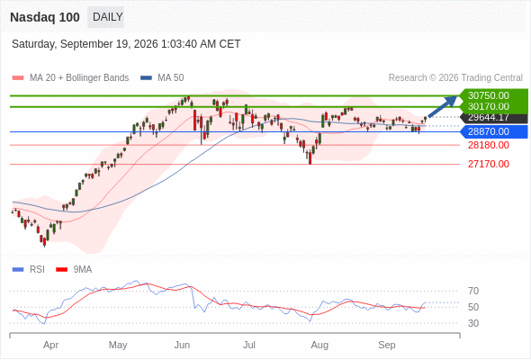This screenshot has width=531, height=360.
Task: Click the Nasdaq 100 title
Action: tap(45, 17)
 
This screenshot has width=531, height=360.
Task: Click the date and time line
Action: tap(126, 44)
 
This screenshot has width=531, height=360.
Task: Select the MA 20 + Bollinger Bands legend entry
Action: tap(70, 78)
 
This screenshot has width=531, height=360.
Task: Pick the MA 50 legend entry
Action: tap(162, 78)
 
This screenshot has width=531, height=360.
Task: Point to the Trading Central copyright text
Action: tap(455, 78)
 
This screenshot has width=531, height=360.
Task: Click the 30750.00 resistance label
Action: tap(489, 95)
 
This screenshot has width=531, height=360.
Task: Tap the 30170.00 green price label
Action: tap(489, 106)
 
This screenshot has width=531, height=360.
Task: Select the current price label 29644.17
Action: tap(489, 118)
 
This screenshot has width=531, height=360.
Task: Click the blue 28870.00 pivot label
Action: tap(489, 131)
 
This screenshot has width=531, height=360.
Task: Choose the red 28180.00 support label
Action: tap(489, 145)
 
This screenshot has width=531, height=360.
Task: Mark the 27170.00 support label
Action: tap(489, 165)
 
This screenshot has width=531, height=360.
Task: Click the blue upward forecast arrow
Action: tap(443, 107)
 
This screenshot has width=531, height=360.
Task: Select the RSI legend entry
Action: tap(29, 270)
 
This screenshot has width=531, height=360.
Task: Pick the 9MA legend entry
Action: tap(74, 270)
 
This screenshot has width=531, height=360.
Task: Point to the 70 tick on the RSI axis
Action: tap(473, 291)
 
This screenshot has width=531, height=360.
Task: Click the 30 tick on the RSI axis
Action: tap(473, 323)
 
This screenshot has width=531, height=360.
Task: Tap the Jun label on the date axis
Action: tap(182, 345)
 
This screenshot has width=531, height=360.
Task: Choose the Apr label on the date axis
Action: tap(50, 345)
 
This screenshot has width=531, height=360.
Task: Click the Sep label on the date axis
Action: tap(387, 345)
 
